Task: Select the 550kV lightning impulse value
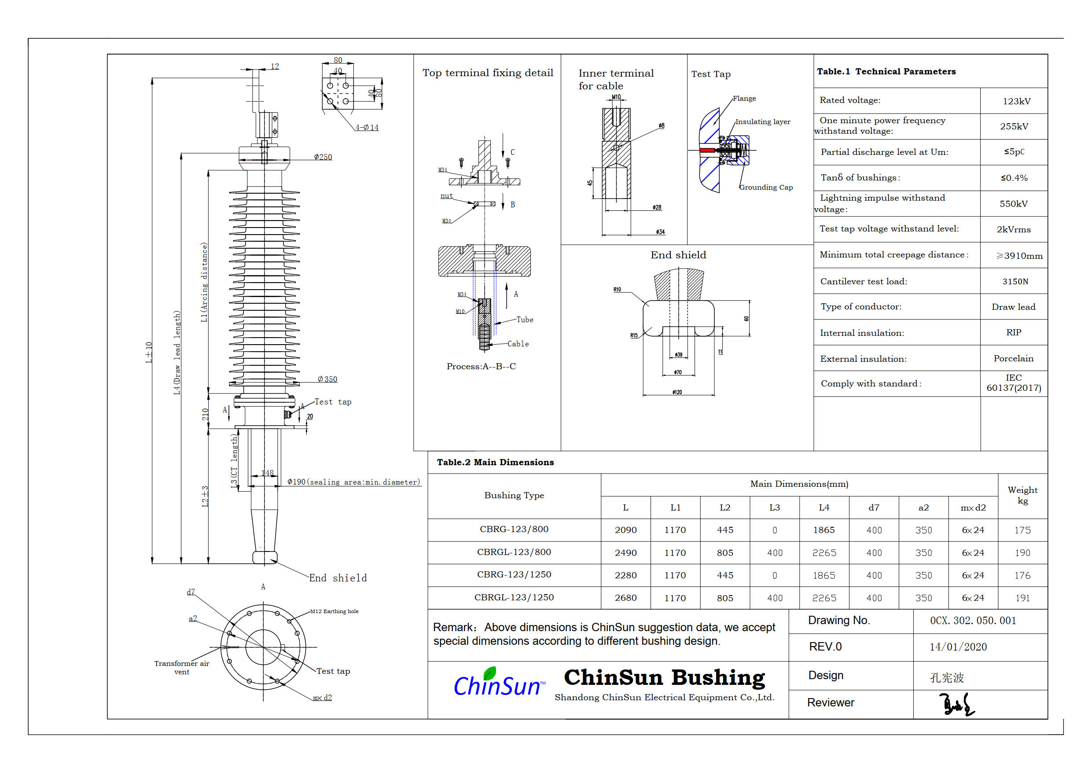point(1013,204)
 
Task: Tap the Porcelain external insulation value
point(1013,359)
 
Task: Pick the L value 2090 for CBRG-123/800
point(625,530)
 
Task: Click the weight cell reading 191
point(1022,598)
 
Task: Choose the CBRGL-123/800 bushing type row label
point(514,552)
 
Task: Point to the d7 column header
point(874,508)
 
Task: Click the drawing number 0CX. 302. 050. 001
point(973,621)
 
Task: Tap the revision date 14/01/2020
point(958,647)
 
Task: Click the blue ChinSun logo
point(497,684)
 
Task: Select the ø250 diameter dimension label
point(323,157)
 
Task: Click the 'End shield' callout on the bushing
point(338,578)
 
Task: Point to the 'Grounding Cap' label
point(766,187)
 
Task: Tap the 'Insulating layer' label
point(762,122)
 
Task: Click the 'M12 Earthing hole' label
point(334,611)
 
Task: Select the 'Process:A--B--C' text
point(481,366)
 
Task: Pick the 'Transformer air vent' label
point(182,667)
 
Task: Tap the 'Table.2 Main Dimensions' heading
point(495,462)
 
